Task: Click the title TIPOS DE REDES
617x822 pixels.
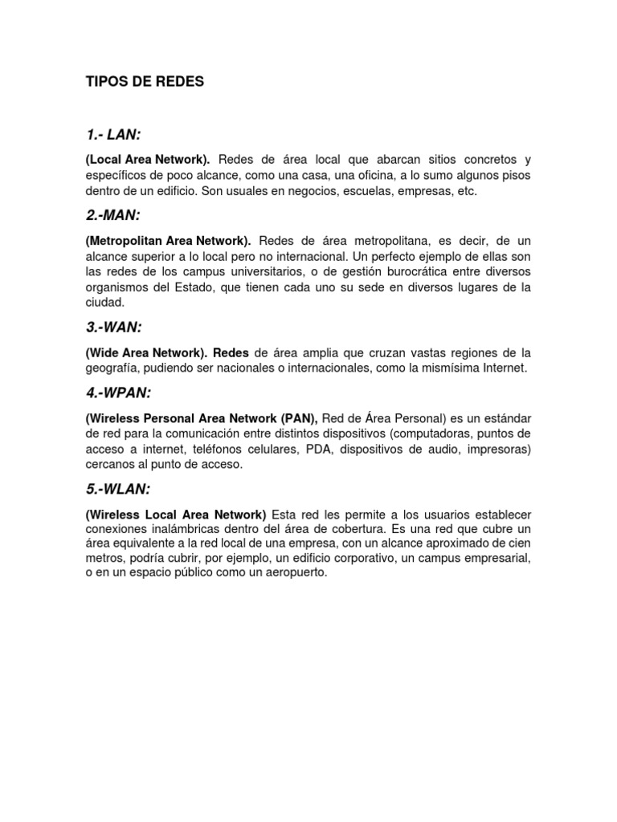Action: coord(145,82)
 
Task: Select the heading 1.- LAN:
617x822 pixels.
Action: coord(118,134)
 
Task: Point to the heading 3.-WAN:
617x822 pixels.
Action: coord(113,328)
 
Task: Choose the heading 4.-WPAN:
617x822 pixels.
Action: coord(118,393)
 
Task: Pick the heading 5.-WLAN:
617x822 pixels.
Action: coord(117,489)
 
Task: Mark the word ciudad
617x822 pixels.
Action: coord(105,303)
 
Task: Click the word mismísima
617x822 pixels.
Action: coord(450,368)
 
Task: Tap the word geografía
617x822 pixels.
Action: coord(113,368)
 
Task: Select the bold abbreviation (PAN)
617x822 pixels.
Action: coord(299,418)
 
